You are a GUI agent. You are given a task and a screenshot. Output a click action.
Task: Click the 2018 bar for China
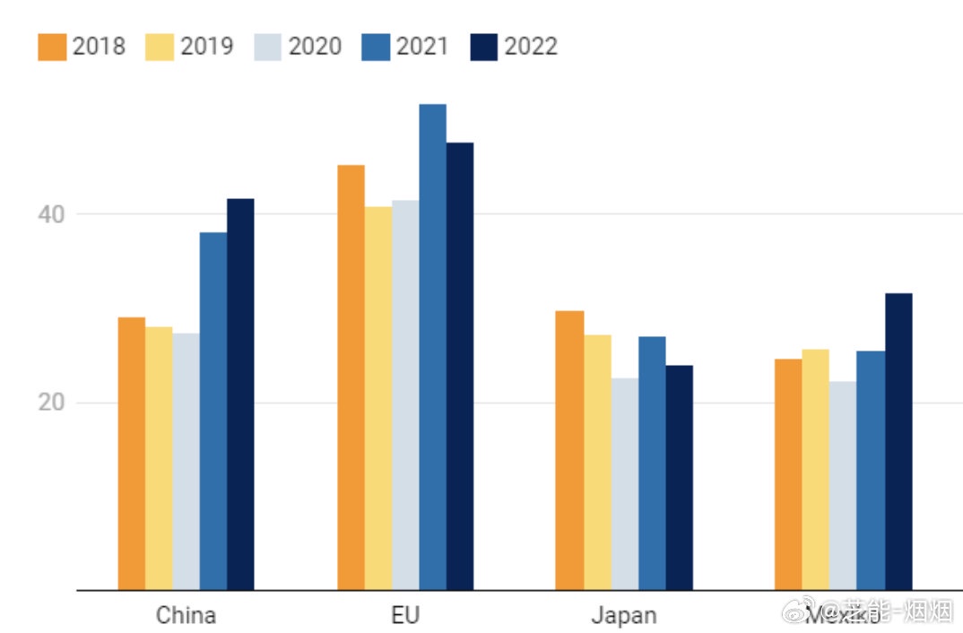(x=132, y=454)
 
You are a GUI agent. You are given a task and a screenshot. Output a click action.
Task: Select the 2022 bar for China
(x=240, y=395)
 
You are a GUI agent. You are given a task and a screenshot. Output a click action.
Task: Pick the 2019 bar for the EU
(x=377, y=398)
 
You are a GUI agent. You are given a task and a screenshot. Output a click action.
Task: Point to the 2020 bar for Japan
(x=625, y=484)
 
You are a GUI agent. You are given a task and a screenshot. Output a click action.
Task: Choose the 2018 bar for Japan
(x=569, y=450)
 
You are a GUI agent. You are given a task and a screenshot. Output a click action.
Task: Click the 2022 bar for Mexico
(x=898, y=441)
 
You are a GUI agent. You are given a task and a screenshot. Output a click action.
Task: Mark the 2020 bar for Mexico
(x=843, y=486)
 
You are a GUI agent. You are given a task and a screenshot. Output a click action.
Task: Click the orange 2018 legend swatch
(x=52, y=47)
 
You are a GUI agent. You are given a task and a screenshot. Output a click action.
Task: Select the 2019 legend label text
(x=207, y=47)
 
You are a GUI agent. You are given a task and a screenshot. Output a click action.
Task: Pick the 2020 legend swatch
(x=268, y=47)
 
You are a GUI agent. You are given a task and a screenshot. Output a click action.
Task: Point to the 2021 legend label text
(x=422, y=47)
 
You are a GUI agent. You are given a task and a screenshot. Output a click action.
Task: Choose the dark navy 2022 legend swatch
(x=484, y=47)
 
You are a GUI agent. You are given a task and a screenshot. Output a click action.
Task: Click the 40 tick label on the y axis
(x=52, y=214)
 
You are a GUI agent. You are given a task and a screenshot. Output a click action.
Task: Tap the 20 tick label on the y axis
(x=52, y=403)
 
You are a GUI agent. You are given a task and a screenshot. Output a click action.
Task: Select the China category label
(x=186, y=616)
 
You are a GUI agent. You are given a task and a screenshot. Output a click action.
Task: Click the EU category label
(x=404, y=616)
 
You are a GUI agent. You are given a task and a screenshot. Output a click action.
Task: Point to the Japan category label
(x=623, y=616)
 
